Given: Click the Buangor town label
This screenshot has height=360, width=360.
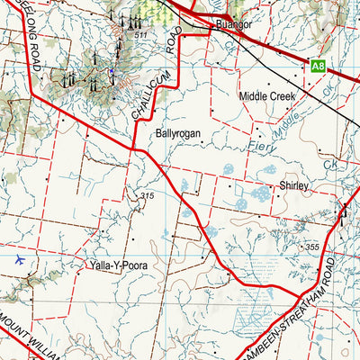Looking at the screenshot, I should tap(233, 26).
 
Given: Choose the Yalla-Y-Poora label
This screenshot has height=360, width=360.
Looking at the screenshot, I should tap(118, 265).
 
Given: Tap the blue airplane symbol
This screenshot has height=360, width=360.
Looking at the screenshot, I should tap(21, 259).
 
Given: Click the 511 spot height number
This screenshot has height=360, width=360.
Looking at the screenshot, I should tap(139, 35).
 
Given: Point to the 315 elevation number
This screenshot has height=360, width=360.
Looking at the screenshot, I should tap(148, 196).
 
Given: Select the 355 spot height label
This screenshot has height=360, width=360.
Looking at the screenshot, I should tap(311, 247).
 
